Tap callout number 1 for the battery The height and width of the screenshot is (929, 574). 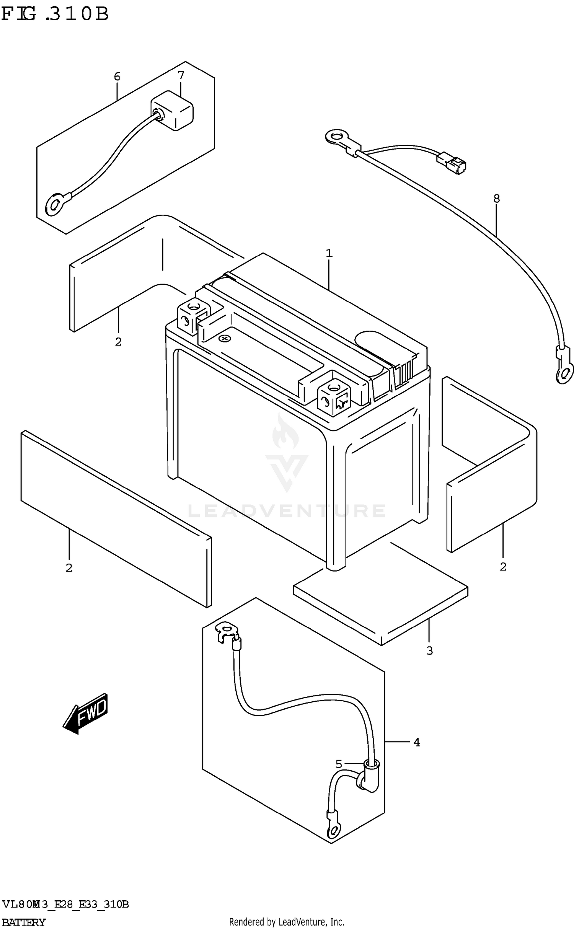click(x=329, y=253)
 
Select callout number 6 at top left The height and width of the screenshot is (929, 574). click(x=117, y=77)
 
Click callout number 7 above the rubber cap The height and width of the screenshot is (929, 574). click(x=181, y=75)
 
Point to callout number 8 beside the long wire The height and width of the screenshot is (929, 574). click(x=496, y=198)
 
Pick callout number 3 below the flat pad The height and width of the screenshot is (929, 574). click(x=429, y=650)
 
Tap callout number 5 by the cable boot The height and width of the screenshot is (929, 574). click(x=339, y=764)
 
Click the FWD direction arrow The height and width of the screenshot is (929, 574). click(x=86, y=713)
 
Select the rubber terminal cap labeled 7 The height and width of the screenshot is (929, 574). click(x=173, y=111)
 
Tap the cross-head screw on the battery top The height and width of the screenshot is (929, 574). click(x=224, y=339)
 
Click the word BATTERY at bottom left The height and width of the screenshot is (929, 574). click(x=24, y=922)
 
